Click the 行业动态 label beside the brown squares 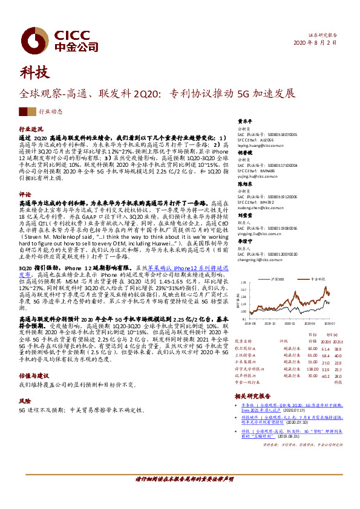pos(51,112)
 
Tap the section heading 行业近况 pos(31,129)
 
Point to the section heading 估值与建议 pos(34,375)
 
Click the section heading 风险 pos(25,400)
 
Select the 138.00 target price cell pos(312,368)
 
